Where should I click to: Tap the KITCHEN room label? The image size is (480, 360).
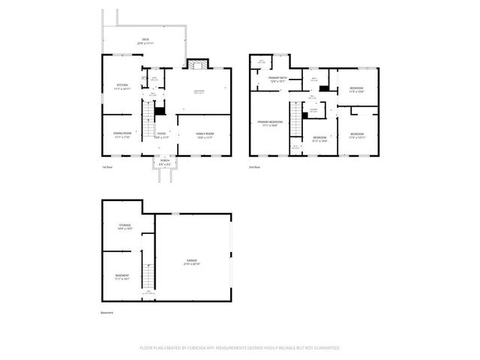[123, 86]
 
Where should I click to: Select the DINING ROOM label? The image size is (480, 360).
[123, 135]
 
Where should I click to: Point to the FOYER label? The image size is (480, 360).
[161, 135]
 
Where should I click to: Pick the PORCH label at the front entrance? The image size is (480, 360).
[165, 163]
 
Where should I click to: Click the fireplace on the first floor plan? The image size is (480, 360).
[196, 65]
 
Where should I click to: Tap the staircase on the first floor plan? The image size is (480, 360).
[149, 117]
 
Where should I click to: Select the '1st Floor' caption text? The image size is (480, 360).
[106, 166]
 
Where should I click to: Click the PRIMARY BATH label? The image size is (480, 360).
[279, 81]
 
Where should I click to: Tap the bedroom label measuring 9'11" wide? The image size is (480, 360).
[320, 139]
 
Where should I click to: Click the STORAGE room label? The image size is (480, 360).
[124, 226]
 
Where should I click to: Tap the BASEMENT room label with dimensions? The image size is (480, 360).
[122, 277]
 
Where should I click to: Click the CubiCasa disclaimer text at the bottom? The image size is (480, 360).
[240, 348]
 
